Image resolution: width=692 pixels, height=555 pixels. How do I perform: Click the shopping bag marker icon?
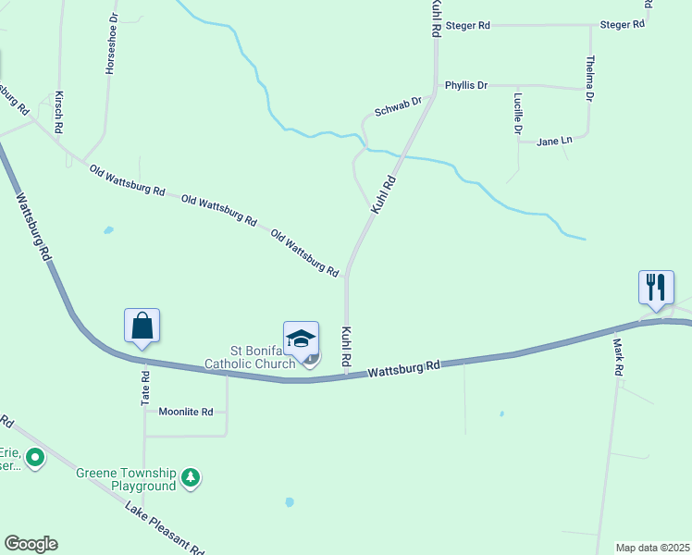(x=142, y=327)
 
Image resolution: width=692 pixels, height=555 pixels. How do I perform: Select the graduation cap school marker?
(x=301, y=339)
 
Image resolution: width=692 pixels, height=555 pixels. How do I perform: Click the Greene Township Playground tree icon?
(x=191, y=477)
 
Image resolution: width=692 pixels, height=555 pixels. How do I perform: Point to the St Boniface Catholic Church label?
(x=263, y=357)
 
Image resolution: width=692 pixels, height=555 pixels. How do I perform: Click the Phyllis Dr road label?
(x=465, y=85)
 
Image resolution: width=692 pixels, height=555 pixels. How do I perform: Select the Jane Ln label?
(x=554, y=141)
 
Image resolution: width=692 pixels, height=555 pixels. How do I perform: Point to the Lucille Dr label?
(x=517, y=114)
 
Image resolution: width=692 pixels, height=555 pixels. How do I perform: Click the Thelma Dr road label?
(x=589, y=78)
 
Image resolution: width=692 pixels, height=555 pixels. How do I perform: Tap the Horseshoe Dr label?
(x=112, y=43)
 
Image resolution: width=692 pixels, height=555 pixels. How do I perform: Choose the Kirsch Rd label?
(x=58, y=111)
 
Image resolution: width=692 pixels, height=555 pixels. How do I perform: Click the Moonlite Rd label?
(x=185, y=412)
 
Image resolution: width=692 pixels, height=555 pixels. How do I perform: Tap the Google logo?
(x=31, y=544)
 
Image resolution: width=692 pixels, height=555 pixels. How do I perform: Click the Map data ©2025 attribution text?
(x=653, y=548)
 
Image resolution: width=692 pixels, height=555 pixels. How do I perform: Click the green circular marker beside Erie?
(x=35, y=457)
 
